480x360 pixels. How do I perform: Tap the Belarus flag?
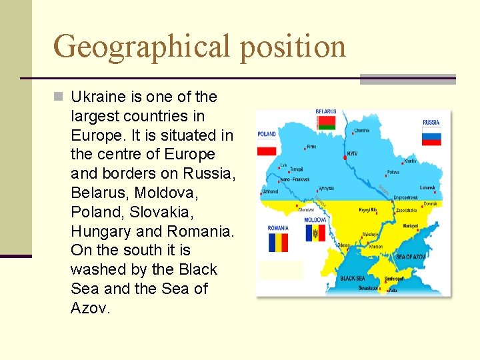click(325, 123)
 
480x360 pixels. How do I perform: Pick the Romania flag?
click(278, 242)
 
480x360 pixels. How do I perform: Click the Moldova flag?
click(315, 233)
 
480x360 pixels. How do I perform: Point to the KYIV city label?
click(351, 153)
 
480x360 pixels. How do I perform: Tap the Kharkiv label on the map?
click(410, 161)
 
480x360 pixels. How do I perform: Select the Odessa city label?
click(344, 245)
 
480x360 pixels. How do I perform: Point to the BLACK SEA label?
click(352, 278)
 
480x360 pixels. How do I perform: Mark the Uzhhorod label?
click(270, 191)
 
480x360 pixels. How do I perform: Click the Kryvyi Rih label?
click(368, 209)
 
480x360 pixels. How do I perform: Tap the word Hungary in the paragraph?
click(101, 231)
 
